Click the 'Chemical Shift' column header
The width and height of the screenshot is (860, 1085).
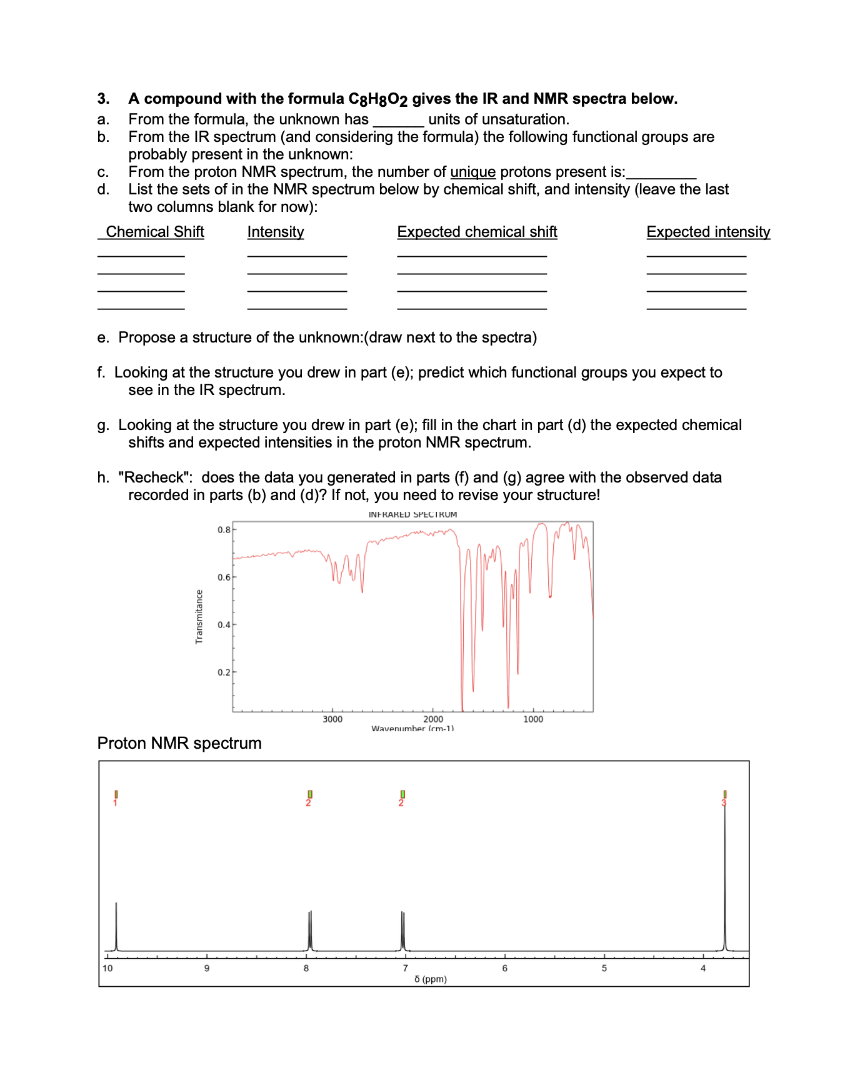[154, 232]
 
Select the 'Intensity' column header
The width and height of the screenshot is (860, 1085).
[276, 232]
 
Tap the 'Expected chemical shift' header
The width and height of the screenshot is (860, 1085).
[477, 232]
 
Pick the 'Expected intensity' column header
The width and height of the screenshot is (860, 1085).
[708, 232]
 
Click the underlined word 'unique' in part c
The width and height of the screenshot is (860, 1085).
[472, 172]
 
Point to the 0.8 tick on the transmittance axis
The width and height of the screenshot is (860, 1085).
[224, 530]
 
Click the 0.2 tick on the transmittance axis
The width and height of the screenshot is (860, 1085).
[224, 672]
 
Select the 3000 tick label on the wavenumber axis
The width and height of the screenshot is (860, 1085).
[332, 719]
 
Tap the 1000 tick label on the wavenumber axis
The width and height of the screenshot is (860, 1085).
[533, 719]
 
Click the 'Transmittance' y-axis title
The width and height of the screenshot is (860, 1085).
[199, 616]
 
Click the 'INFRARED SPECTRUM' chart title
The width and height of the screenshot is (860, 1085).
[412, 514]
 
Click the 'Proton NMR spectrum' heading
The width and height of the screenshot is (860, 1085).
[179, 743]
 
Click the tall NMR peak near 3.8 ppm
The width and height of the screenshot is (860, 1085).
[725, 887]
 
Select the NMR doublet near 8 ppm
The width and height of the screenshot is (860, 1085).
[310, 931]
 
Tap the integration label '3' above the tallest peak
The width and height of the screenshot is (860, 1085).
[724, 802]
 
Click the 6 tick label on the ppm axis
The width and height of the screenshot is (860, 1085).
[504, 968]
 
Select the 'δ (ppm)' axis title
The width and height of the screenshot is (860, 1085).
[431, 979]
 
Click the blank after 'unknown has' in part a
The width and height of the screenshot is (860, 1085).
[398, 121]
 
